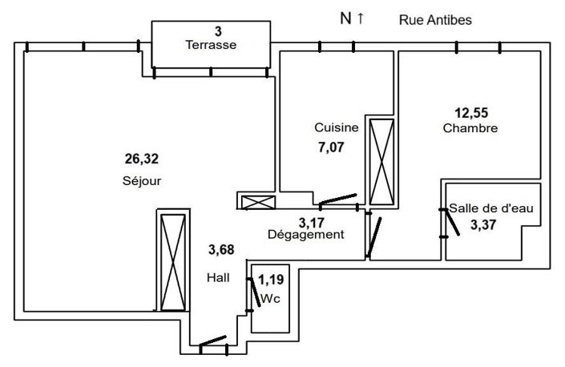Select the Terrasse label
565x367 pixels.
tap(210, 45)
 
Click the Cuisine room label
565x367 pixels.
tap(337, 128)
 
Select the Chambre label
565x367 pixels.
tap(470, 128)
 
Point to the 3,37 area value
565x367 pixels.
tap(483, 225)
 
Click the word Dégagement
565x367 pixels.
tap(305, 235)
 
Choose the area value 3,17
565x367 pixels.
tap(313, 221)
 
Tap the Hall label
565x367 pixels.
tap(217, 277)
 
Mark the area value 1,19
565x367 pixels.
tap(272, 281)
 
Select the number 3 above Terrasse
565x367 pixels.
tap(217, 31)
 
